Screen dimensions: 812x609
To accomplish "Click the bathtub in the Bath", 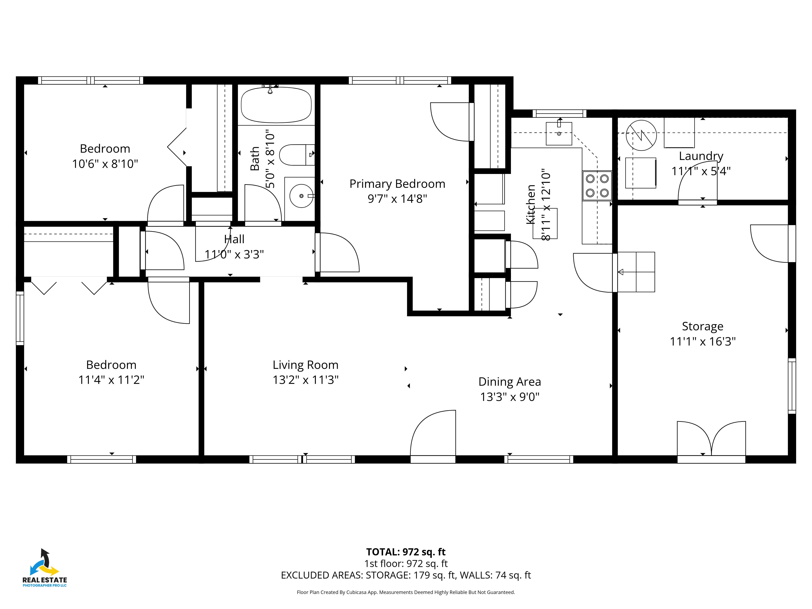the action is point(276,105).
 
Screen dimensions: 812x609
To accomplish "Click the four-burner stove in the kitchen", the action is point(597,186).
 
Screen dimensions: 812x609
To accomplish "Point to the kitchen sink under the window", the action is point(559,134).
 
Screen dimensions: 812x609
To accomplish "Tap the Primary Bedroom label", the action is point(397,184).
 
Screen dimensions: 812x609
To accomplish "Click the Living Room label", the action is point(306,365).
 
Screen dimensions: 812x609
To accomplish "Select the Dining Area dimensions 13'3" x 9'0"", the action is point(510,397).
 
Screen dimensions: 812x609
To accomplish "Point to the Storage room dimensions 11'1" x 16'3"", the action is point(703,341).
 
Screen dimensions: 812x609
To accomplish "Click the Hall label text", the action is point(234,239).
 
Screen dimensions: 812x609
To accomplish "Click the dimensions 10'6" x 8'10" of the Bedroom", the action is point(105,164).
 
